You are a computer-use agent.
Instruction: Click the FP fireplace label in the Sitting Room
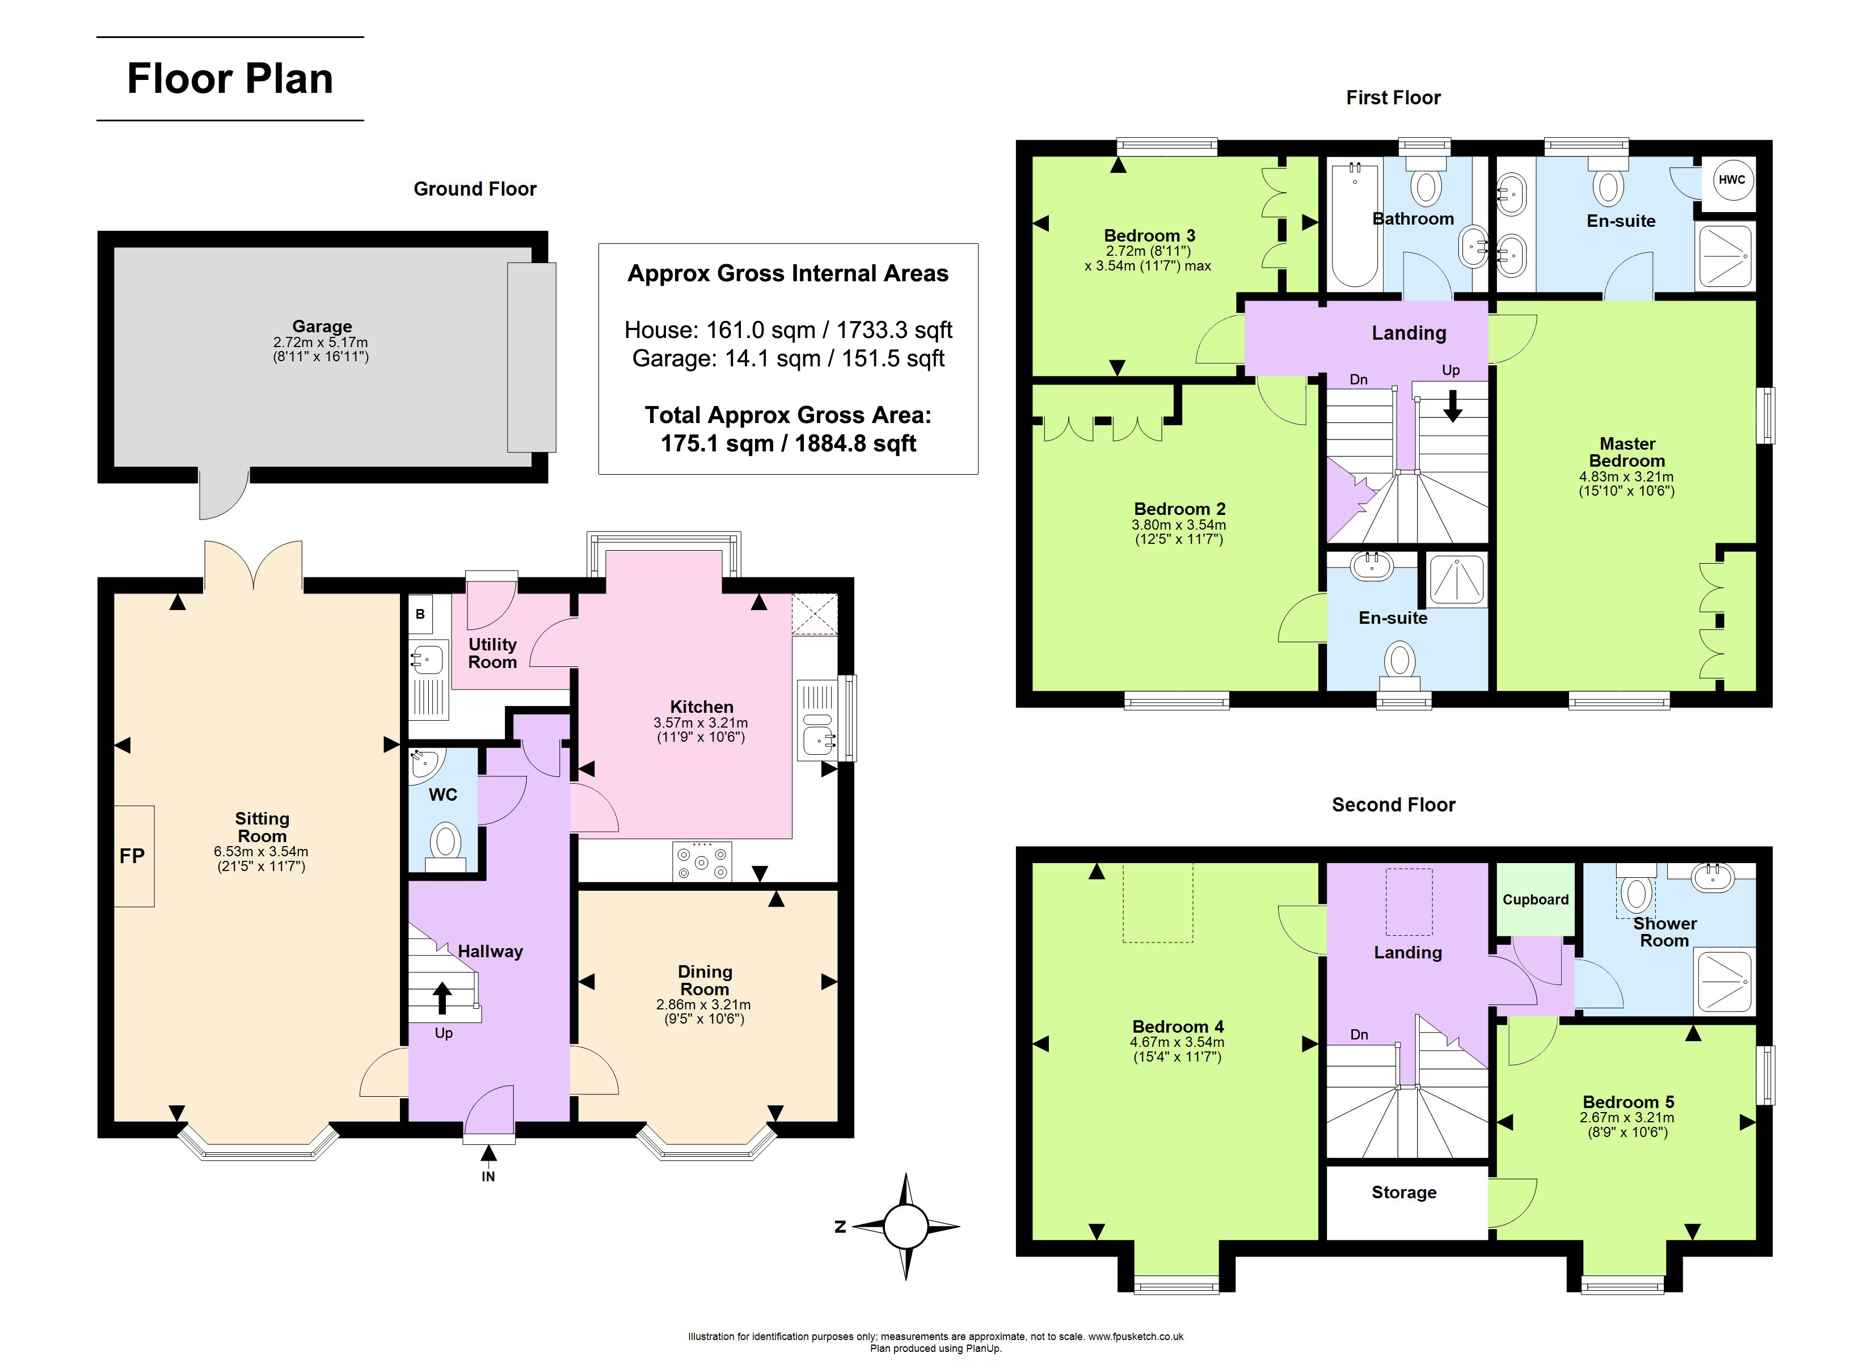[132, 856]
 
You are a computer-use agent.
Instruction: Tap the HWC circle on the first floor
[1732, 180]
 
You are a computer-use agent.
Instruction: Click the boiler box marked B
[420, 614]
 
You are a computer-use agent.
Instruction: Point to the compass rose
[905, 1227]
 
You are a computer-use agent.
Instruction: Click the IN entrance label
[488, 1176]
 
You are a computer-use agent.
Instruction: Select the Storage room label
[1404, 1192]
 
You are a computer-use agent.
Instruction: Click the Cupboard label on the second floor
[1535, 899]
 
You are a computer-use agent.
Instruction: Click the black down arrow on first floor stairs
[1453, 405]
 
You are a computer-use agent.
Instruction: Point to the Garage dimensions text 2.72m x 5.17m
[321, 342]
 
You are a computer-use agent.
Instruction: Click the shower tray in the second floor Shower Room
[1725, 980]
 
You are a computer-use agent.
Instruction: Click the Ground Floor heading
[475, 189]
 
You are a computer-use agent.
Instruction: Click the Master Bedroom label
[1627, 453]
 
